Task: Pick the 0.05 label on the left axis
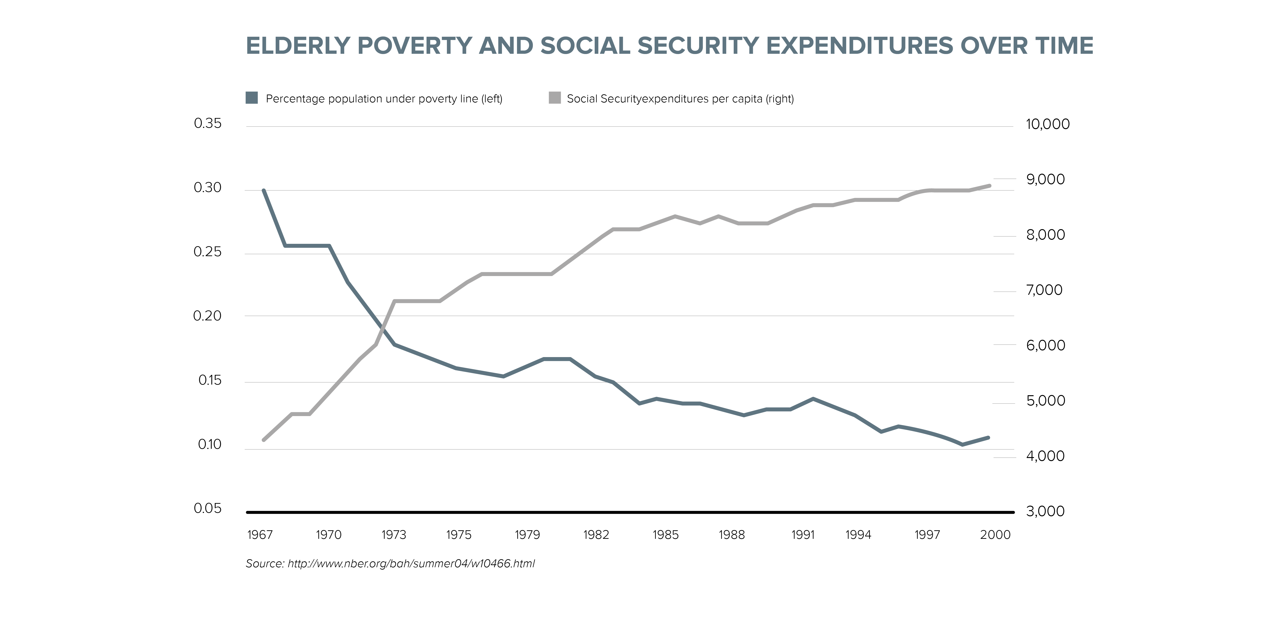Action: pyautogui.click(x=207, y=509)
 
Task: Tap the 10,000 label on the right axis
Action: pyautogui.click(x=1048, y=124)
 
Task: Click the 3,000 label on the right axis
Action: pyautogui.click(x=1045, y=512)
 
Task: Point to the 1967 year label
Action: pyautogui.click(x=260, y=535)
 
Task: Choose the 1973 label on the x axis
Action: pyautogui.click(x=394, y=535)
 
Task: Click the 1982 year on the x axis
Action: pyautogui.click(x=596, y=535)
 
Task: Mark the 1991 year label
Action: pyautogui.click(x=803, y=535)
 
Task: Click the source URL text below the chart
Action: pyautogui.click(x=411, y=563)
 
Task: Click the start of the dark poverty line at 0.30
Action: pyautogui.click(x=264, y=190)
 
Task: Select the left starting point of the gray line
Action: pyautogui.click(x=264, y=440)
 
